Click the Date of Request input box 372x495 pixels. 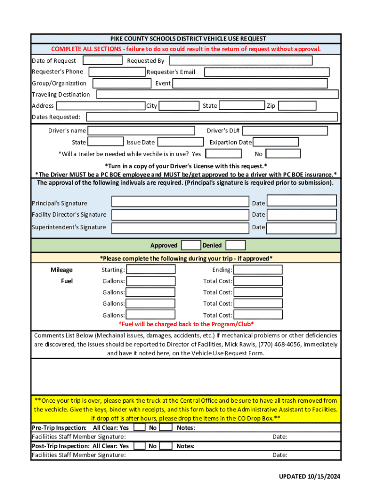102,60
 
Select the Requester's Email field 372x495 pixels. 266,72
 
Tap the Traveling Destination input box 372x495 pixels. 217,94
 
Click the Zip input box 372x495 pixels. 297,106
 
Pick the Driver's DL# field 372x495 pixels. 285,131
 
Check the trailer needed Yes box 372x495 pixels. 223,154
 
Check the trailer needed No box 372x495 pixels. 283,154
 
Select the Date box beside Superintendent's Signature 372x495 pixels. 301,227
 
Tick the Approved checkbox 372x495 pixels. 191,245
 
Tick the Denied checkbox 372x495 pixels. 235,245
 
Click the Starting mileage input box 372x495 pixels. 151,270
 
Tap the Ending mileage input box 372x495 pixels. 258,270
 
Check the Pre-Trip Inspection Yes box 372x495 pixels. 139,428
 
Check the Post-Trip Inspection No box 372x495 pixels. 166,446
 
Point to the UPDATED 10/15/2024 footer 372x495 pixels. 309,477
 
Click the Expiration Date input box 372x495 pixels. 275,142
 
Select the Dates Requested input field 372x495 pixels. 212,117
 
